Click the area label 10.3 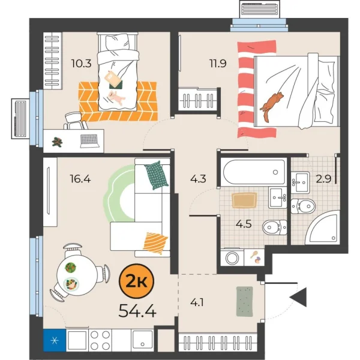(x=81, y=64)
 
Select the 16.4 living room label (x=80, y=178)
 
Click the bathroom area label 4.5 (x=243, y=226)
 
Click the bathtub (x=252, y=173)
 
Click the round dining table (x=77, y=276)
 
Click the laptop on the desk (x=90, y=141)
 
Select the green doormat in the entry (x=245, y=301)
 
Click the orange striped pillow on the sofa (x=155, y=242)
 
